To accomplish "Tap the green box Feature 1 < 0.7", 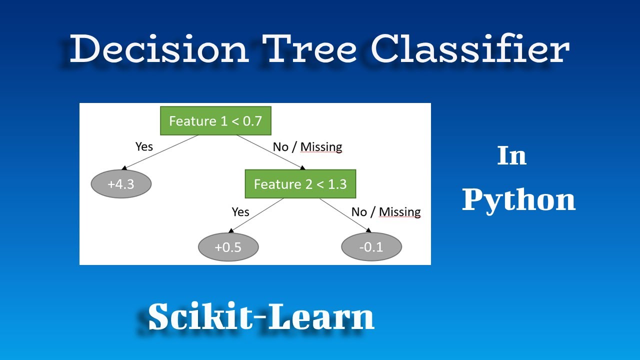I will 215,121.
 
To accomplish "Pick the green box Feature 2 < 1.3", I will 300,184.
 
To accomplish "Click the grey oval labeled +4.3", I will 121,184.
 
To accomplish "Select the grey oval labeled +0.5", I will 228,247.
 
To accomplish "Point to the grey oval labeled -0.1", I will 371,247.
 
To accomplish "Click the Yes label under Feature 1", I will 144,147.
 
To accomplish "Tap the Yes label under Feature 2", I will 240,212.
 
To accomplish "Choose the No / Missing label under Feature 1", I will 307,147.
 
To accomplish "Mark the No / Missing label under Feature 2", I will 386,212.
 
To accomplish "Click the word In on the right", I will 512,156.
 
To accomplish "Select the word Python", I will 518,200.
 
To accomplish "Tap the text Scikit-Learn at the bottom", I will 261,317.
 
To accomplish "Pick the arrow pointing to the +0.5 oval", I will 231,231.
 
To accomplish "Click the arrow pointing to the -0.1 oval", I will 368,230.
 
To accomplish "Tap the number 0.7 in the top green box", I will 251,121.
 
